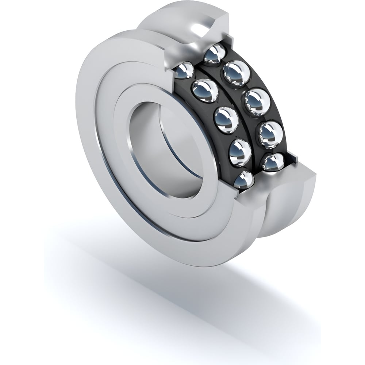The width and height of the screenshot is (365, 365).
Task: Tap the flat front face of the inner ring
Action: click(120, 120)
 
